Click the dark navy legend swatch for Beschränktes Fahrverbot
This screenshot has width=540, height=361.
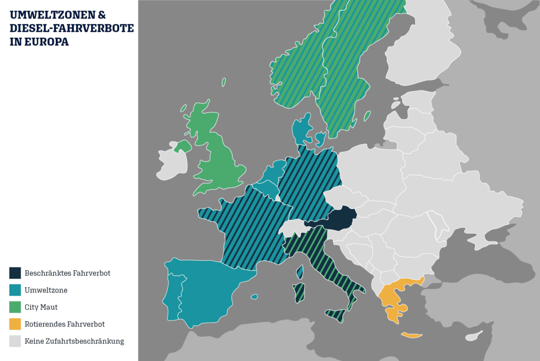(15, 273)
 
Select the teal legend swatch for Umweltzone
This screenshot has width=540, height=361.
(15, 290)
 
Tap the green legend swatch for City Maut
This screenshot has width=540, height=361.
(15, 307)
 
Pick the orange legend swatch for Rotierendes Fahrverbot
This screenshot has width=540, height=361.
(15, 324)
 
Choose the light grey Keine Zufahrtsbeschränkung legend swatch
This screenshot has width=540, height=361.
(15, 341)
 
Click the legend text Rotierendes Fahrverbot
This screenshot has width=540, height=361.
(64, 324)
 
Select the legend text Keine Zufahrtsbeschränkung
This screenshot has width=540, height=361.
(74, 341)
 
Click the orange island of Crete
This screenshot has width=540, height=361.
(412, 335)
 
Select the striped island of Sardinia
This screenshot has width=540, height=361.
(299, 292)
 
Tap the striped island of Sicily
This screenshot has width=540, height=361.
(334, 315)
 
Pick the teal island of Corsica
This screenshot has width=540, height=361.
(300, 272)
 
